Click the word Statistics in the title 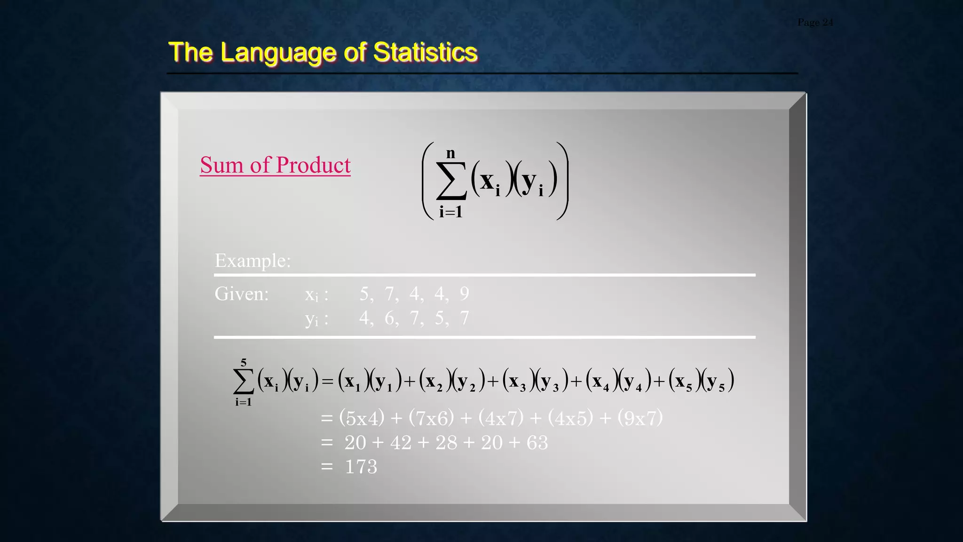tap(425, 52)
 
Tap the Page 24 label tap(815, 22)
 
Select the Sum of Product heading tap(275, 165)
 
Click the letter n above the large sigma tap(450, 153)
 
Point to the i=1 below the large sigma tap(450, 212)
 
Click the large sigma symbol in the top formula tap(451, 181)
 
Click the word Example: tap(253, 260)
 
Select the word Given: tap(241, 294)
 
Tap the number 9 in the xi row tap(464, 294)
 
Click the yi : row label tap(316, 319)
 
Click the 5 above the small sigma tap(243, 362)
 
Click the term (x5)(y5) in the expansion tap(701, 381)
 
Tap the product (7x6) tap(431, 418)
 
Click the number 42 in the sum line tap(400, 443)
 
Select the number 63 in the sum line tap(537, 443)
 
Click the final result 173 tap(361, 467)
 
